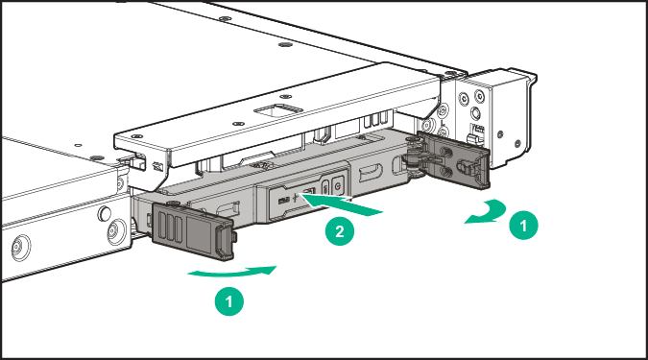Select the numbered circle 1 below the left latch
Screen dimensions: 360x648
pyautogui.click(x=228, y=301)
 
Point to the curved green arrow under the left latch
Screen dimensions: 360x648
pyautogui.click(x=233, y=273)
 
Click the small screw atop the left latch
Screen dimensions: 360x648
pyautogui.click(x=172, y=204)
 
